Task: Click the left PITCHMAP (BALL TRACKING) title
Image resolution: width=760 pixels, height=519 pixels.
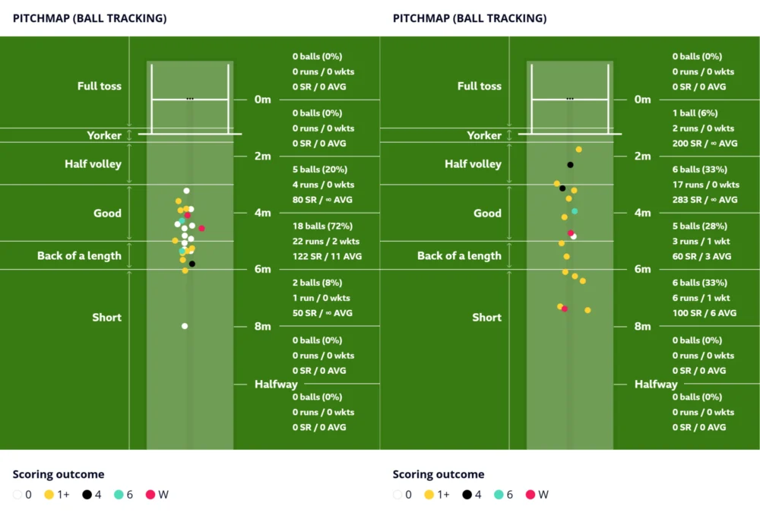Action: (x=90, y=18)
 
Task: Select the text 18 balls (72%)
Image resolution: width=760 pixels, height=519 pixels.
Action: (x=324, y=226)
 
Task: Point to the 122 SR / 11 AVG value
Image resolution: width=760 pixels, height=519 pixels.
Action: (x=327, y=256)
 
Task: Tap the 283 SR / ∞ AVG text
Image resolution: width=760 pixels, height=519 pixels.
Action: (x=705, y=200)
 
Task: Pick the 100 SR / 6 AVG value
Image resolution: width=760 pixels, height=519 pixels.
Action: (x=704, y=313)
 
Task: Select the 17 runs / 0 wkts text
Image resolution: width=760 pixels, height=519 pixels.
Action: (x=705, y=185)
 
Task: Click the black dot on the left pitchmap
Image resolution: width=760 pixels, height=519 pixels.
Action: (x=192, y=264)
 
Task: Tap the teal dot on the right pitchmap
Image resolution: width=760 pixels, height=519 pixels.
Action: (x=575, y=210)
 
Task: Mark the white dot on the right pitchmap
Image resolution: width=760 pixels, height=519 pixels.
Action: (x=574, y=236)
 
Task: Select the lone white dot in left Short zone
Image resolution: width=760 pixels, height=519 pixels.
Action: (x=185, y=326)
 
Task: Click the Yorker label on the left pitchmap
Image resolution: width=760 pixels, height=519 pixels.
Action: (x=104, y=135)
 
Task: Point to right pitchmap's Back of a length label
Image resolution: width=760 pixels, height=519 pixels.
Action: (x=459, y=256)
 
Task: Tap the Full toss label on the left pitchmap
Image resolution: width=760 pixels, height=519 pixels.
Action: (x=99, y=86)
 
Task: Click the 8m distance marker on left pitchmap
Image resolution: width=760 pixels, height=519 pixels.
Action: (x=262, y=327)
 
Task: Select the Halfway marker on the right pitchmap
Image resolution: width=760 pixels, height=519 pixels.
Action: (x=656, y=385)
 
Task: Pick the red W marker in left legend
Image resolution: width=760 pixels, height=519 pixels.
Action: (x=150, y=495)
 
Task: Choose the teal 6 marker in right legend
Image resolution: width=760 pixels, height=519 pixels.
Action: (x=499, y=495)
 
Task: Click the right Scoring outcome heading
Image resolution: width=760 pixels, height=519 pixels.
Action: (x=438, y=474)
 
